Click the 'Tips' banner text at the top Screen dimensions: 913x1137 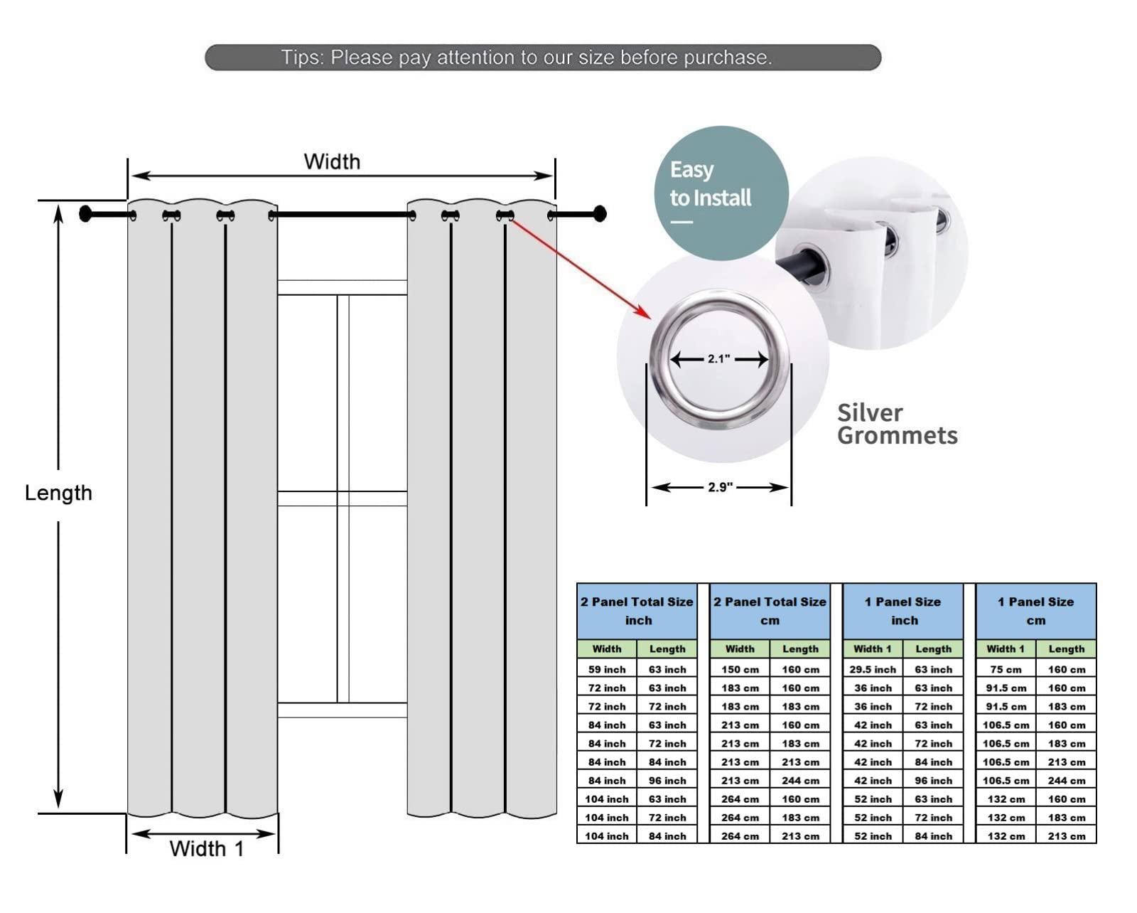[x=526, y=58]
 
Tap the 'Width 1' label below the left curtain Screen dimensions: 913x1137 [x=206, y=848]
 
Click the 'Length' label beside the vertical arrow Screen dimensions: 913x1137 [x=58, y=493]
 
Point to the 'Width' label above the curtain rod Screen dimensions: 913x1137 [x=332, y=162]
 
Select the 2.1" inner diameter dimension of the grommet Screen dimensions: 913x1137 [x=718, y=359]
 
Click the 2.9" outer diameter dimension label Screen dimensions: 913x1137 [x=720, y=487]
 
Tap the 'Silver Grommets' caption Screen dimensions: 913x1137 [x=897, y=425]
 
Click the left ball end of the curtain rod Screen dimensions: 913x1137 [x=86, y=214]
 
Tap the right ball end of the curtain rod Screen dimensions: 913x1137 [x=600, y=213]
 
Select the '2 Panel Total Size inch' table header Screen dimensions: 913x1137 [x=637, y=611]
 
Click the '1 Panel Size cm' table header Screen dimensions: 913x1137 [x=1035, y=611]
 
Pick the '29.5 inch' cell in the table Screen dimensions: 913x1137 [x=873, y=670]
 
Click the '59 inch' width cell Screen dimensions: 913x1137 [x=607, y=670]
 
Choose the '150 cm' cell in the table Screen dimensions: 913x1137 [x=740, y=670]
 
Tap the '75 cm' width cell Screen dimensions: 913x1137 [x=1006, y=670]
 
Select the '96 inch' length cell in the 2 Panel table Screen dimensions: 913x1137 [x=667, y=781]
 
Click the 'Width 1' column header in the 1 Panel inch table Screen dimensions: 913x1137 [x=873, y=649]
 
